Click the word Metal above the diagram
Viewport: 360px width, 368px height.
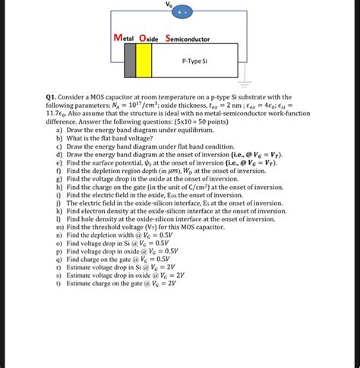[x=127, y=38]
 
